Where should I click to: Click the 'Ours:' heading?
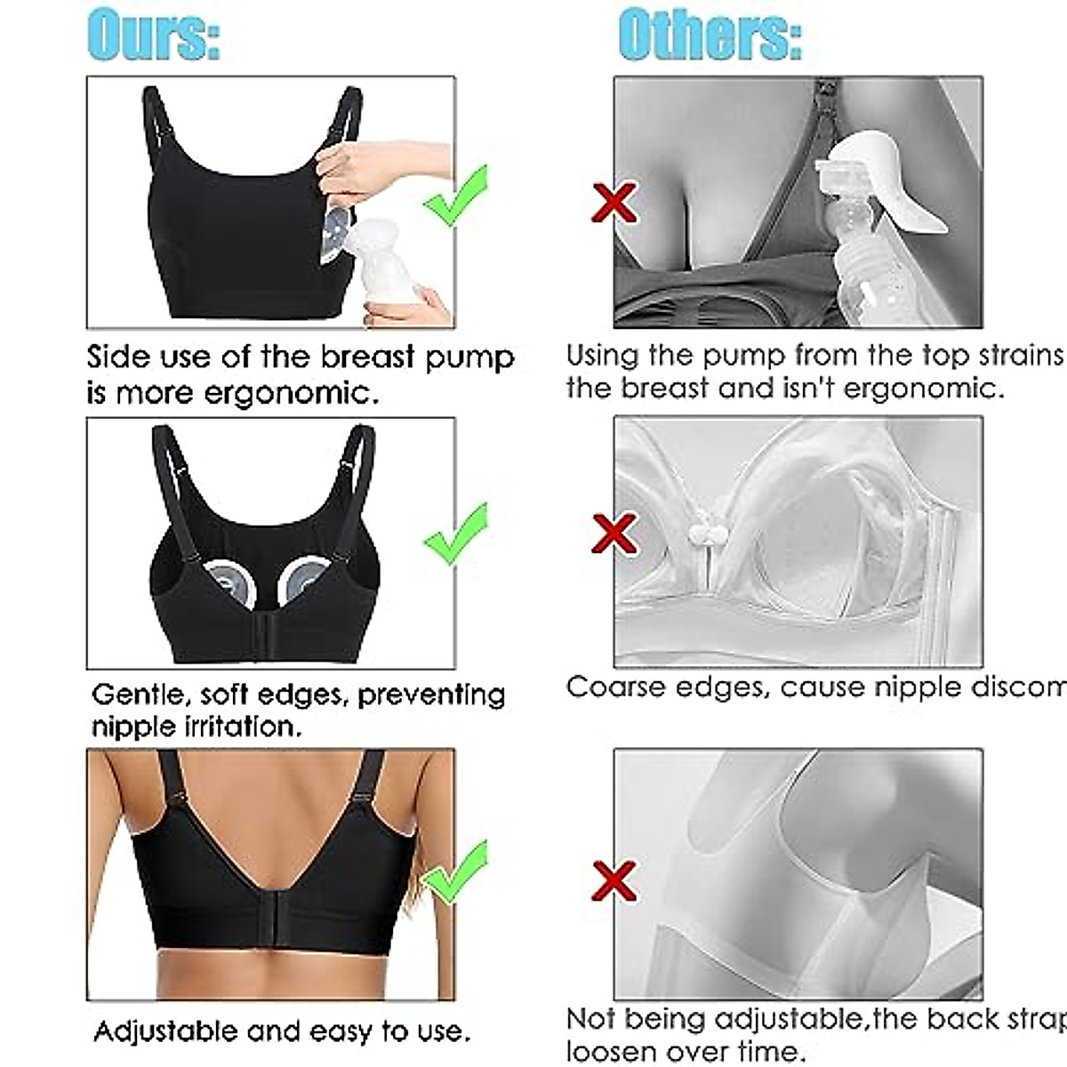[x=153, y=36]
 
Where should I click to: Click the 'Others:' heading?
[x=710, y=36]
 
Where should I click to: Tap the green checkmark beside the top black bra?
[x=455, y=197]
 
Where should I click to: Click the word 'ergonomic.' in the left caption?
[x=292, y=392]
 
